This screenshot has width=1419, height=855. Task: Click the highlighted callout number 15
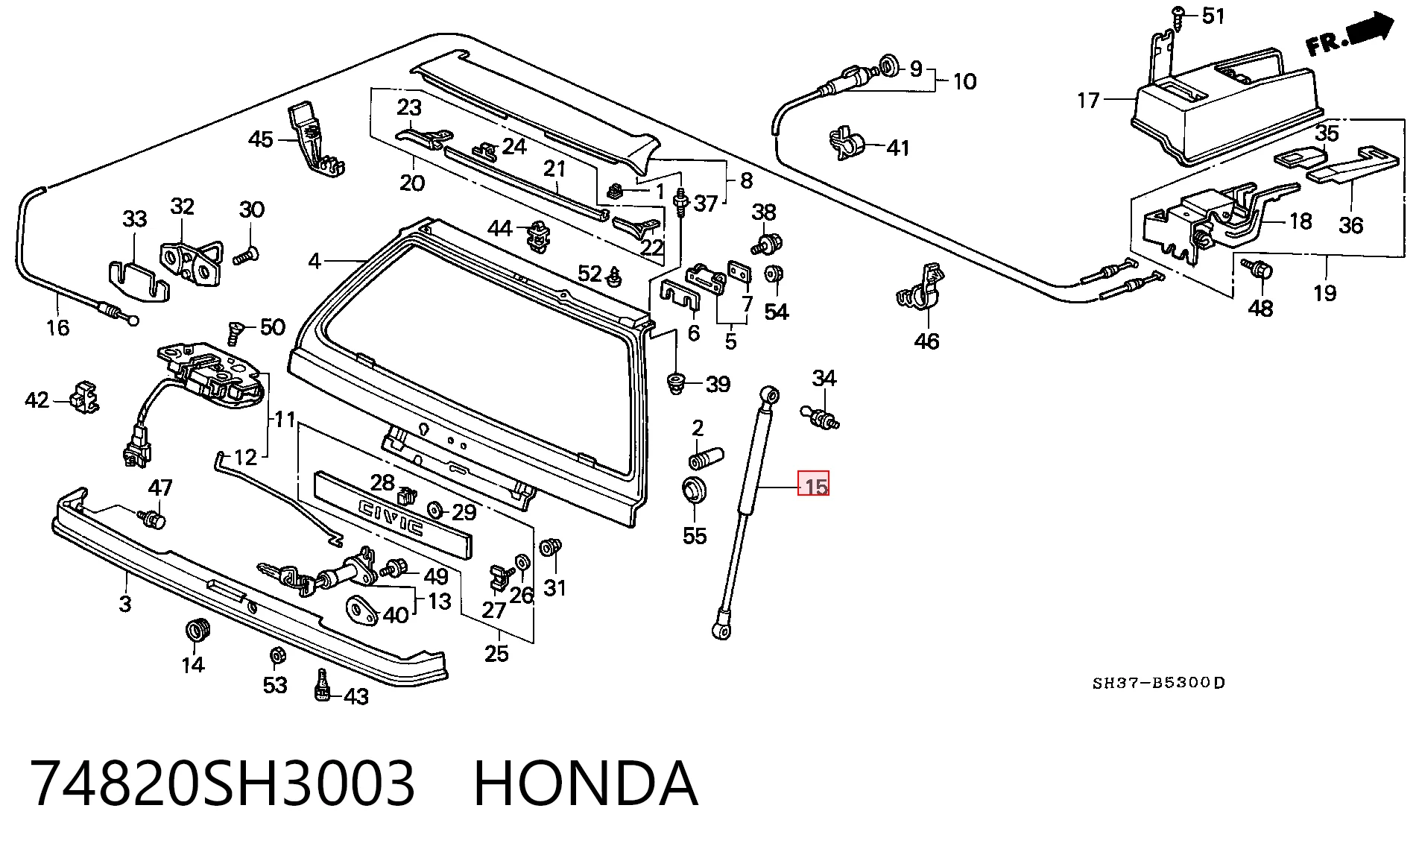click(814, 486)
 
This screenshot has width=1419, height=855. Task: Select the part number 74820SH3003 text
click(222, 783)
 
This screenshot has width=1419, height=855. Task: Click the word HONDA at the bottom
click(586, 783)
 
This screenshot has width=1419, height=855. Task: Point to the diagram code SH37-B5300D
click(1158, 683)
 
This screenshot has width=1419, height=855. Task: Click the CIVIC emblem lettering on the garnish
click(391, 517)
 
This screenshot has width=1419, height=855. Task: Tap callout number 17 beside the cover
click(1088, 100)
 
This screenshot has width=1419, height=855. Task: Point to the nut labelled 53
click(276, 656)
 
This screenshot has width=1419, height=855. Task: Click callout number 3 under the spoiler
click(125, 603)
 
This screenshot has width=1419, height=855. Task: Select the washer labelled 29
click(434, 511)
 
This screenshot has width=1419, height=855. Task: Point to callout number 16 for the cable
click(57, 327)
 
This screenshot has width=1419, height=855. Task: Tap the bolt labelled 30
click(246, 256)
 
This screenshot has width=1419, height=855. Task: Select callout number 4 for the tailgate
click(315, 261)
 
